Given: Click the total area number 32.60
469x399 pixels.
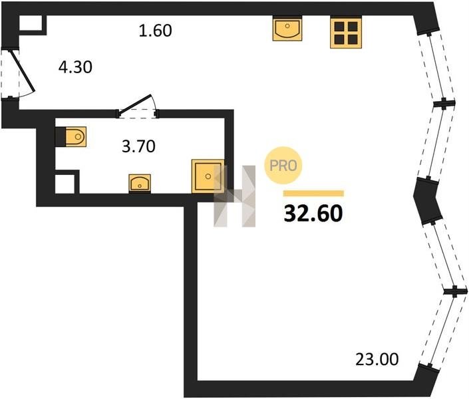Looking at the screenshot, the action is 313,213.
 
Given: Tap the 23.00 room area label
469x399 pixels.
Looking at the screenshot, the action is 377,359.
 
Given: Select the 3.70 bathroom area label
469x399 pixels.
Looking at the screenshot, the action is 138,146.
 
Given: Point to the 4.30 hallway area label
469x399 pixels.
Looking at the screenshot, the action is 75,67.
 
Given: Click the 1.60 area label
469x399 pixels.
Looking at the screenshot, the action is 155,31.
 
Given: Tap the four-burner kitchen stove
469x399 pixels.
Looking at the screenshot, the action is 346,33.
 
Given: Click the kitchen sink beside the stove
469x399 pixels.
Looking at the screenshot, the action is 287,29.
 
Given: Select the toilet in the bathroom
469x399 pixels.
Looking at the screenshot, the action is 71,137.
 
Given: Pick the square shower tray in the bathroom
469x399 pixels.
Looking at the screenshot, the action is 208,176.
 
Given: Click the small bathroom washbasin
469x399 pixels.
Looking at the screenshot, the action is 140,183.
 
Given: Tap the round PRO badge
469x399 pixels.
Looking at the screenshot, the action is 283,165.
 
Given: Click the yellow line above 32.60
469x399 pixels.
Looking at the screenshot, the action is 313,194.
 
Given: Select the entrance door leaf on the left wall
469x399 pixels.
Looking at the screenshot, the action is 23,71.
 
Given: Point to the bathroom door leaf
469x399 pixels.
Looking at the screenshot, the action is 135,104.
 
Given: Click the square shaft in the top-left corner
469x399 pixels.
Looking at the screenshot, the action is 31,23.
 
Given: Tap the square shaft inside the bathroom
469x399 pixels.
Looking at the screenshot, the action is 65,184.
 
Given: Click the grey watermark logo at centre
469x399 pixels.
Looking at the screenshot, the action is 234,196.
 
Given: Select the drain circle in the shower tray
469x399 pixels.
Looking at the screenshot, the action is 208,176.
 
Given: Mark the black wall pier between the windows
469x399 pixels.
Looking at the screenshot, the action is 428,201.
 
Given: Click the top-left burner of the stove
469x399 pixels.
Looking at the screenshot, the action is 339,27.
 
